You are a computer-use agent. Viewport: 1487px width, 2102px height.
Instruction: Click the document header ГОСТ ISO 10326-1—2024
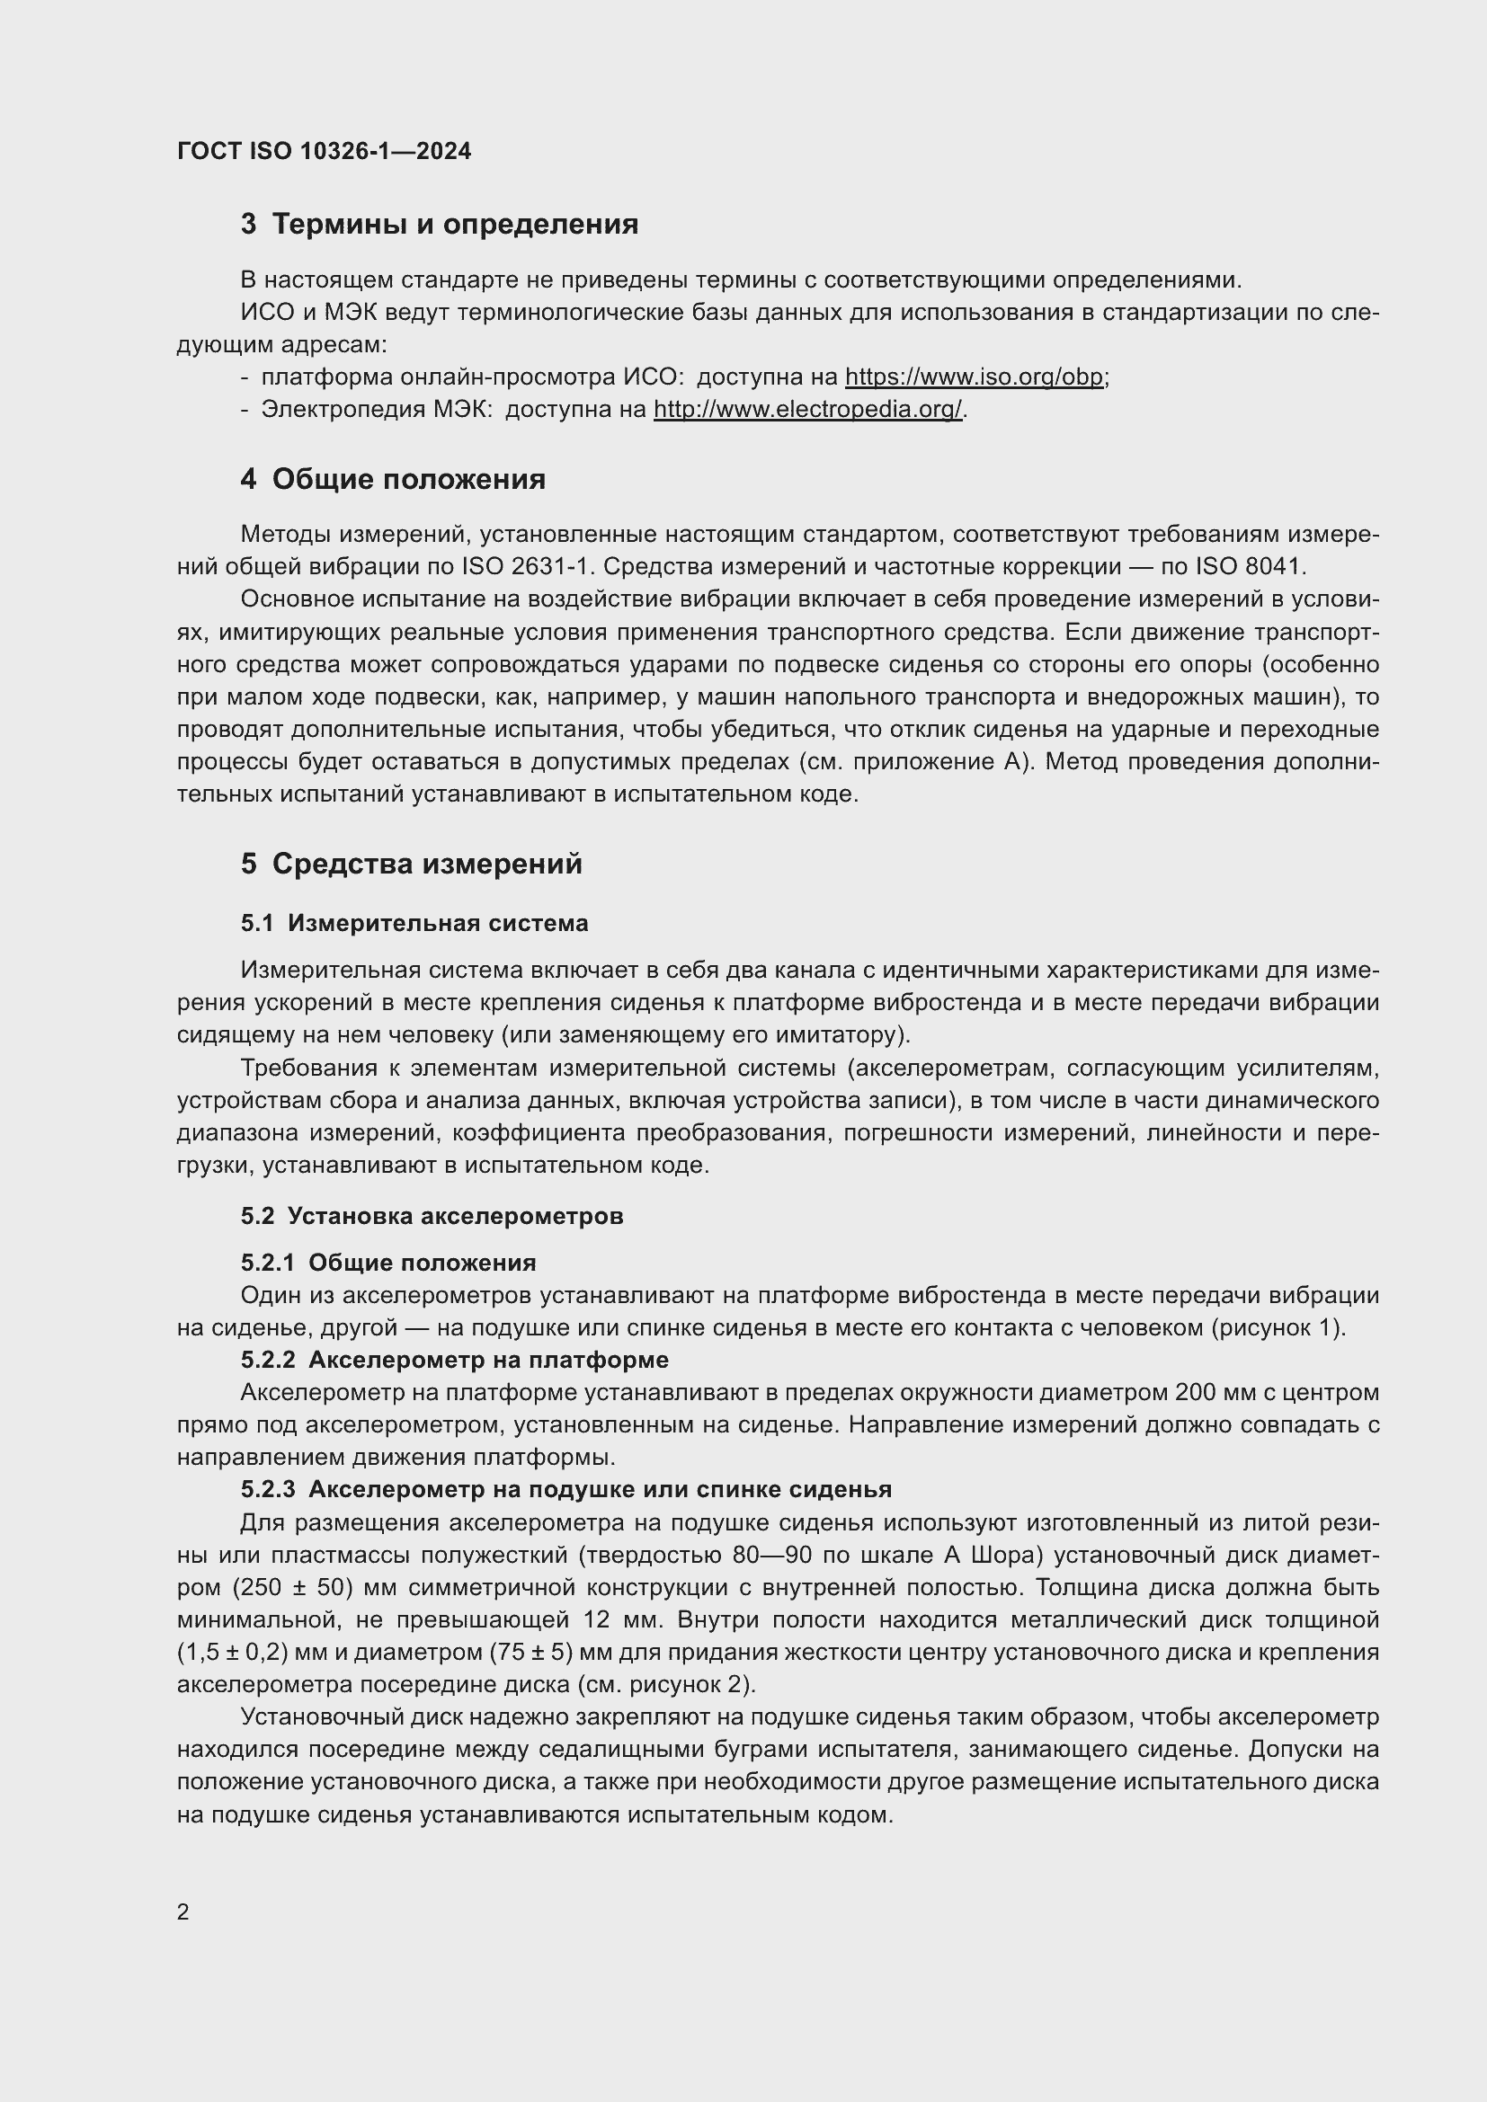pos(325,151)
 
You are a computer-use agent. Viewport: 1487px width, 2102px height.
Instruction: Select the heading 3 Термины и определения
pos(440,225)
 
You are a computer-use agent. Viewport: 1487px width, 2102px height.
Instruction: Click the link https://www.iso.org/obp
pos(974,377)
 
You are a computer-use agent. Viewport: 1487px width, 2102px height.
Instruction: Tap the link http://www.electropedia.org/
pos(807,409)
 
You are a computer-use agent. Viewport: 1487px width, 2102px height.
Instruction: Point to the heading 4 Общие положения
pos(393,480)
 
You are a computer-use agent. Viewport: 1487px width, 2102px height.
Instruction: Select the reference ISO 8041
pos(1247,567)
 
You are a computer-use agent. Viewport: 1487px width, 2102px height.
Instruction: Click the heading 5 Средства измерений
pos(411,865)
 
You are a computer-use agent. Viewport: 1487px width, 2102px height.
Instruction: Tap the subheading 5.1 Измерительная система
pos(414,924)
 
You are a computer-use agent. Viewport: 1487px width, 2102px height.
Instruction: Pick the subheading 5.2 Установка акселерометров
pos(432,1217)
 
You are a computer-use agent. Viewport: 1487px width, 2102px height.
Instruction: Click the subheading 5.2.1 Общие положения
pos(388,1264)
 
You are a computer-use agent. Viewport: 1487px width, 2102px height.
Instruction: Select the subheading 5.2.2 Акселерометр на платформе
pos(454,1361)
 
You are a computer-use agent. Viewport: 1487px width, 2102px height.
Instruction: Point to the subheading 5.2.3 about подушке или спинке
pos(565,1489)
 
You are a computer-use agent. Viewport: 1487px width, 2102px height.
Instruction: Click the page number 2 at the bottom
pos(183,1912)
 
